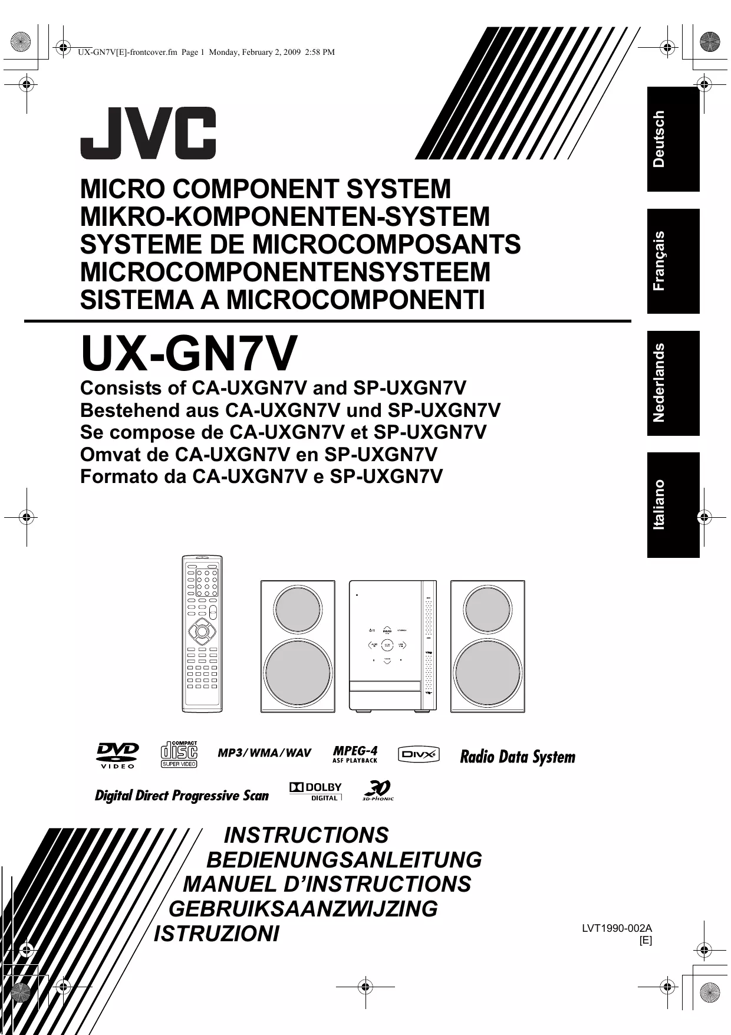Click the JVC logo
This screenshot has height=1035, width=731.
(x=148, y=133)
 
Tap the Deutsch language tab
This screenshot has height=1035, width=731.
(x=673, y=139)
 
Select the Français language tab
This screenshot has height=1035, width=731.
(x=673, y=261)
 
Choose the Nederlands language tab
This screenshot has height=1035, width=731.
(x=673, y=383)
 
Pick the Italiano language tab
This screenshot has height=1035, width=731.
(x=673, y=505)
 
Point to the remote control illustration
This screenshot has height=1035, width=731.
(x=202, y=633)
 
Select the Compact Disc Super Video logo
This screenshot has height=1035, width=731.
(x=179, y=754)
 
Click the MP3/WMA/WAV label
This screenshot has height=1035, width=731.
(x=264, y=753)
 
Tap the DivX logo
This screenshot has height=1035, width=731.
(x=419, y=754)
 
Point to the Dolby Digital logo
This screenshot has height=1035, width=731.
(x=315, y=791)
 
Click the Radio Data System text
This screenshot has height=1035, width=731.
(x=517, y=757)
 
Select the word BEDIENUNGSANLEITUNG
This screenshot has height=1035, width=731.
(x=344, y=860)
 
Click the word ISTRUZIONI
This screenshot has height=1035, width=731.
(x=216, y=934)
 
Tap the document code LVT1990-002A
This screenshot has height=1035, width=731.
(x=617, y=928)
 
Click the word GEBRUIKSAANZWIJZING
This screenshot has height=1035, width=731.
(x=303, y=909)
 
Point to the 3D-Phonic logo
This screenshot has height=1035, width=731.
(x=377, y=790)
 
